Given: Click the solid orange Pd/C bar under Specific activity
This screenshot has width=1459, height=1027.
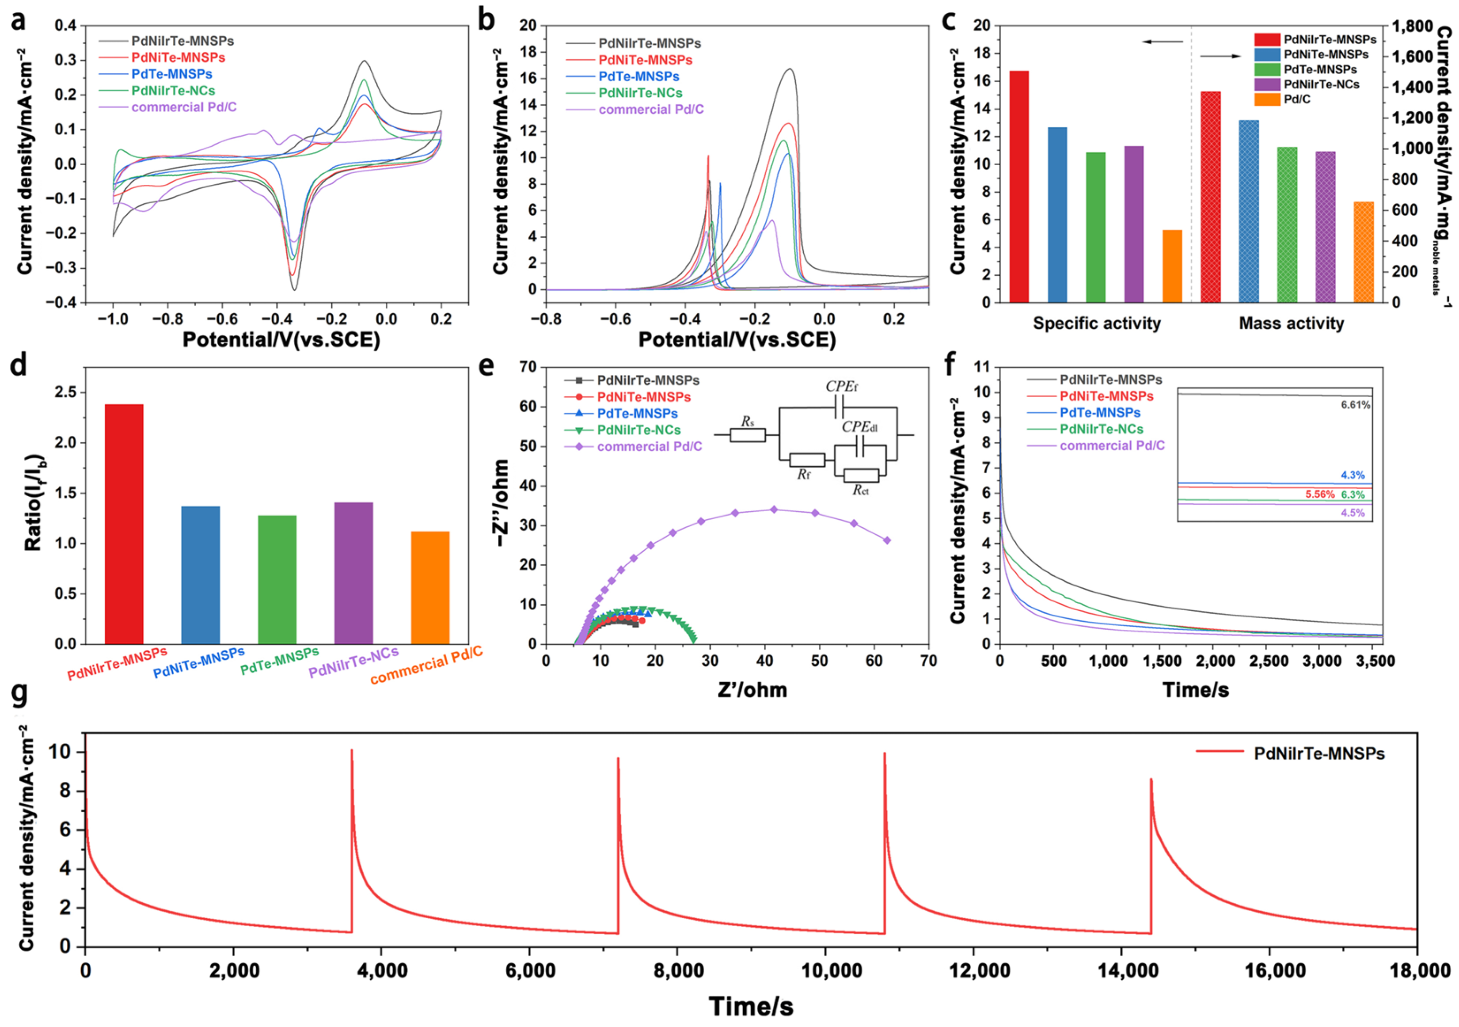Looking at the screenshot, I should [1172, 266].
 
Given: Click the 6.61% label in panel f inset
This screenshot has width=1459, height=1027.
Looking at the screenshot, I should [1355, 405].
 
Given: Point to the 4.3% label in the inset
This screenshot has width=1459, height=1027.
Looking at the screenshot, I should [1352, 475].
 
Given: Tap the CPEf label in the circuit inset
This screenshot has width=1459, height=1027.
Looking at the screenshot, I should [841, 386].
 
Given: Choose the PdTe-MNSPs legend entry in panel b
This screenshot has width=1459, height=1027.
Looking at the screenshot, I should [638, 76].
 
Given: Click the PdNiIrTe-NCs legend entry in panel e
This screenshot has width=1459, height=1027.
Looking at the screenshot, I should [638, 430].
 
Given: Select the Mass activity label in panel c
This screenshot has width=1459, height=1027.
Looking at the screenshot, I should [1291, 323].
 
